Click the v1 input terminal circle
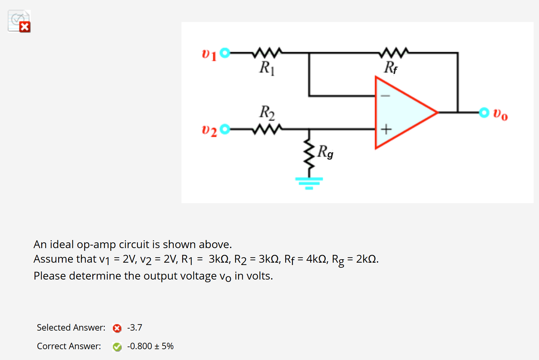tap(225, 53)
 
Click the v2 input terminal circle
tap(225, 129)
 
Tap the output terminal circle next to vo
tap(484, 112)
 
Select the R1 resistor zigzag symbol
tap(267, 52)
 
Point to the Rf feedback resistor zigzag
tap(394, 52)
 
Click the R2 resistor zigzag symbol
tap(267, 129)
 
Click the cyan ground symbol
tap(309, 183)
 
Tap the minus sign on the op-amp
tap(385, 96)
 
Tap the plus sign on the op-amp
tap(386, 129)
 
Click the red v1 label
tap(209, 54)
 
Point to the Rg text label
tap(325, 152)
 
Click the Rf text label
tap(391, 67)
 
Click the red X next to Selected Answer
tap(117, 328)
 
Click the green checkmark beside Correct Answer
tap(117, 347)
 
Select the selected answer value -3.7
tap(134, 328)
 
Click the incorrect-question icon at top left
tap(19, 21)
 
